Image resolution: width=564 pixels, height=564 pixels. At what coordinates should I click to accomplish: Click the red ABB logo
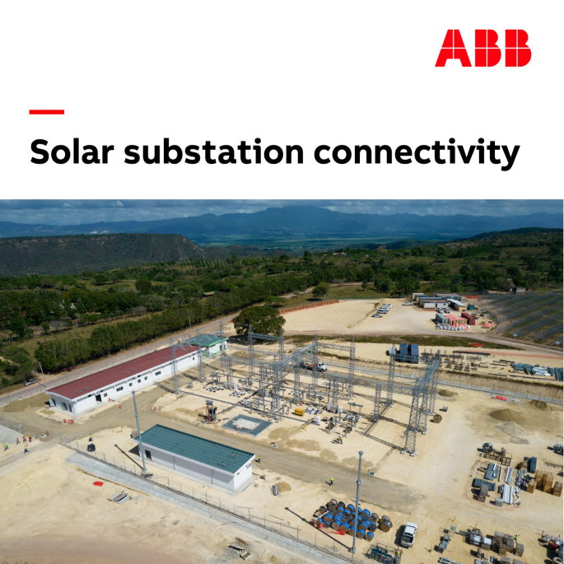pyautogui.click(x=483, y=48)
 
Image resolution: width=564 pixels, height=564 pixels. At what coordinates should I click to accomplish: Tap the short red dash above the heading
pyautogui.click(x=47, y=112)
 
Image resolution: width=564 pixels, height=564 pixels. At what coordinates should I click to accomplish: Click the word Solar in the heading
pyautogui.click(x=72, y=152)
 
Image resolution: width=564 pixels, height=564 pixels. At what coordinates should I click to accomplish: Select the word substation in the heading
pyautogui.click(x=214, y=152)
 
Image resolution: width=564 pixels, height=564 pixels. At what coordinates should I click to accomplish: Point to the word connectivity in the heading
pyautogui.click(x=417, y=154)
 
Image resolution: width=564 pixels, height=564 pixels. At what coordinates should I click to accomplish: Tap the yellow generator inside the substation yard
pyautogui.click(x=299, y=412)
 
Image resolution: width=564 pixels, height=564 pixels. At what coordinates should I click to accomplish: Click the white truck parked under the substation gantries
pyautogui.click(x=316, y=366)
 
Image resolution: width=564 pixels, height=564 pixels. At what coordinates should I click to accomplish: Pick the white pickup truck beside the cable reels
pyautogui.click(x=409, y=534)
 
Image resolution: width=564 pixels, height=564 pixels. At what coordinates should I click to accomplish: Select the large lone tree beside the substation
pyautogui.click(x=259, y=320)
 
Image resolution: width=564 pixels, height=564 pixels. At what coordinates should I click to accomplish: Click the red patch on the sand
pyautogui.click(x=98, y=484)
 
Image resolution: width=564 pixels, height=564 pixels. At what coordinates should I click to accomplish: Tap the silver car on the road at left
pyautogui.click(x=31, y=382)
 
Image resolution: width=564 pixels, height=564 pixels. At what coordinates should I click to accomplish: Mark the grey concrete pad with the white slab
pyautogui.click(x=247, y=425)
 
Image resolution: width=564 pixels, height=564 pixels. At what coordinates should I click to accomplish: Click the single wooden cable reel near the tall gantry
pyautogui.click(x=437, y=418)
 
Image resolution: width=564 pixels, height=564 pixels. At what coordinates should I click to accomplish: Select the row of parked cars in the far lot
pyautogui.click(x=382, y=310)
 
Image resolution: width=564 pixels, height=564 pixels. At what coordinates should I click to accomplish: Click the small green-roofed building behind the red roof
pyautogui.click(x=211, y=343)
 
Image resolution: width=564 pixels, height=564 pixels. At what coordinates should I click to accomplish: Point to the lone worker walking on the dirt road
pyautogui.click(x=332, y=481)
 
